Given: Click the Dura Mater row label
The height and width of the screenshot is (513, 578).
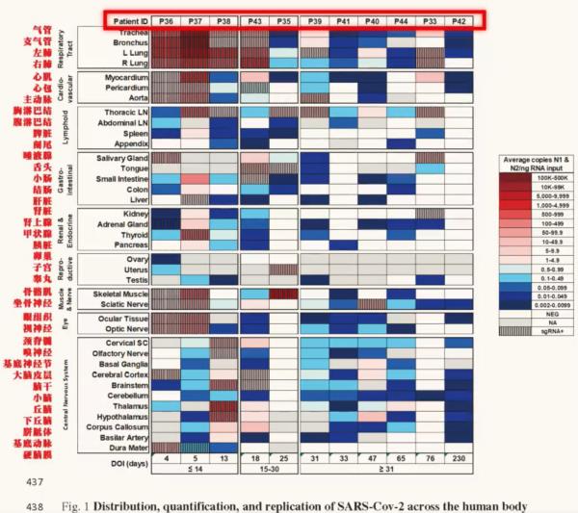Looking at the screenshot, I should tap(127, 446).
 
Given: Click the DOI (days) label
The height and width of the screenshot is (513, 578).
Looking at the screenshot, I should tap(120, 461).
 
